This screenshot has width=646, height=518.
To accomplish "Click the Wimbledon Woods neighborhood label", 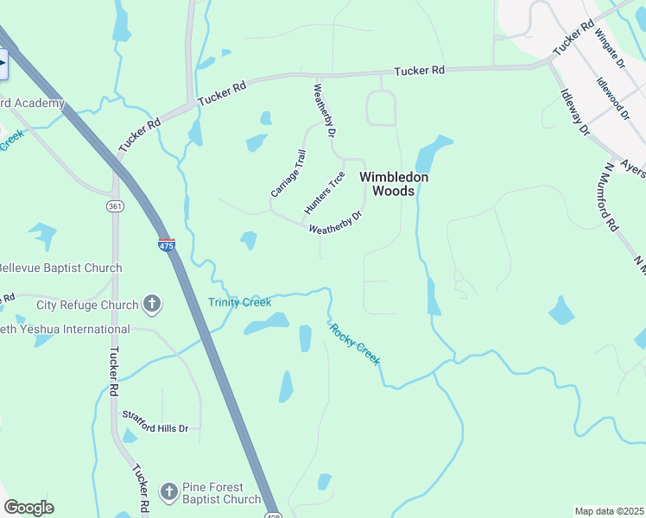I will [x=394, y=183].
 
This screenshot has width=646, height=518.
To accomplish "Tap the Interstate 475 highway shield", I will [x=167, y=245].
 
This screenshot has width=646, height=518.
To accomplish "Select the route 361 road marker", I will [x=115, y=206].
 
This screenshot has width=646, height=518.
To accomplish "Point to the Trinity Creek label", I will [x=239, y=302].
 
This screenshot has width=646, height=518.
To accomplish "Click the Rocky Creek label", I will [x=353, y=343].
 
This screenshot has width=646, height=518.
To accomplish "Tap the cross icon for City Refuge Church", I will [x=152, y=304].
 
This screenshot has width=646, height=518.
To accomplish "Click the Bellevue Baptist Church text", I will [x=60, y=268].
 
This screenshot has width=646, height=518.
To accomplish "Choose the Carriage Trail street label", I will [x=288, y=173].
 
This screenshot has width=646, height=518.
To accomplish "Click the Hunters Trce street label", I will [x=325, y=193].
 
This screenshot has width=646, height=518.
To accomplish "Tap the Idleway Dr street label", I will [x=574, y=112].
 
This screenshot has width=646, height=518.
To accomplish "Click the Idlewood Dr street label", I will [x=612, y=98].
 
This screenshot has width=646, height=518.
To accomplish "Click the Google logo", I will [x=28, y=508].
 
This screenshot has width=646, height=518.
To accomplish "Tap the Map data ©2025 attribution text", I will [x=609, y=511].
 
